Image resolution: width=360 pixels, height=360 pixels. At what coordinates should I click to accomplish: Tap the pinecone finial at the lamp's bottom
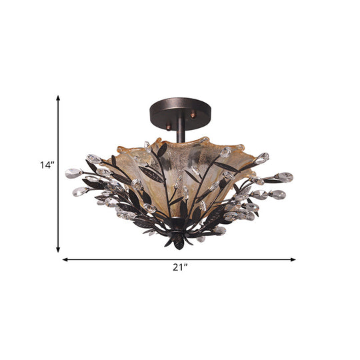coord(179,239)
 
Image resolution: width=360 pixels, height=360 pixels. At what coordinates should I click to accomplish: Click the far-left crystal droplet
coord(73,173)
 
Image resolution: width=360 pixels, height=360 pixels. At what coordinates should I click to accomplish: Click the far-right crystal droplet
coord(285,177)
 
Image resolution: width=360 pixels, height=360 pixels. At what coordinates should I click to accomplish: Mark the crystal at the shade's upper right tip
coord(262,157)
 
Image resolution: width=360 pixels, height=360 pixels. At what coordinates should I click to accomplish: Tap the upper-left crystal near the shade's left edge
coord(93,159)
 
